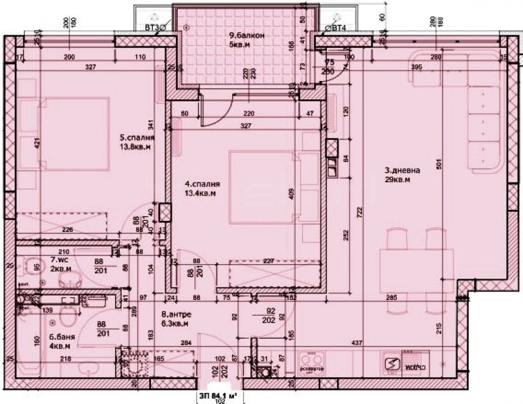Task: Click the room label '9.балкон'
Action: tap(246, 36)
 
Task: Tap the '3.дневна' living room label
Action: tap(402, 171)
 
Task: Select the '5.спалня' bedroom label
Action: tap(137, 138)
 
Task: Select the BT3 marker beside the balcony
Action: tap(156, 27)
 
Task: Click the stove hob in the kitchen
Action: tap(310, 360)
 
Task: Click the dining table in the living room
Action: tap(415, 263)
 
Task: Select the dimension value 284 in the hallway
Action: tap(186, 343)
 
